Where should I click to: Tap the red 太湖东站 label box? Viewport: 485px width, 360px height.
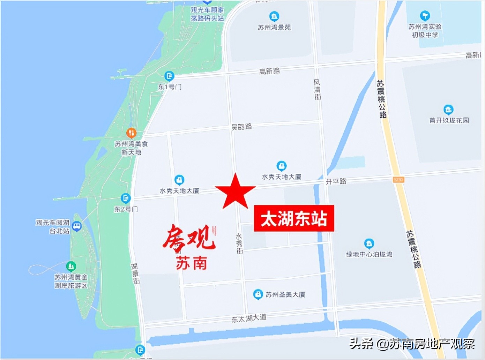(x=294, y=219)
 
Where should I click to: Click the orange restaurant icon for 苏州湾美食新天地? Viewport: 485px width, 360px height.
(x=131, y=133)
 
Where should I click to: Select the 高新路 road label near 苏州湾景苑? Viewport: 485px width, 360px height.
(x=269, y=71)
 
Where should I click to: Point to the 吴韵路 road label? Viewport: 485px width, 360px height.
(x=241, y=127)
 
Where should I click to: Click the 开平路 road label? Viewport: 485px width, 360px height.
(x=336, y=181)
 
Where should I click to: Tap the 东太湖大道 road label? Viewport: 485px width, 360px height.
(x=249, y=318)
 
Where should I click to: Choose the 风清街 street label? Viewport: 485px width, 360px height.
(x=317, y=90)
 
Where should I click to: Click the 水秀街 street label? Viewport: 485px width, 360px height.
(x=239, y=243)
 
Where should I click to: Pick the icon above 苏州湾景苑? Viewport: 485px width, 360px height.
(x=274, y=16)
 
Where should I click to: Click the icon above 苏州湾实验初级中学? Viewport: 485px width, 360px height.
(x=425, y=16)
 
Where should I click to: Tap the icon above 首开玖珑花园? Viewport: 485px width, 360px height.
(x=448, y=110)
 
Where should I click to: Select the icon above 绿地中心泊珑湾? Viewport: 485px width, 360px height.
(x=369, y=243)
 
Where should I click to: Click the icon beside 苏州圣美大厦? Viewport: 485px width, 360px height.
(x=258, y=294)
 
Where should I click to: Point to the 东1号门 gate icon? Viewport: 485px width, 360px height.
(x=169, y=76)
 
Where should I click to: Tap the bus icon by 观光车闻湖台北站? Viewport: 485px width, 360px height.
(x=76, y=226)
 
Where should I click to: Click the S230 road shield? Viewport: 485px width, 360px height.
(x=398, y=180)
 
